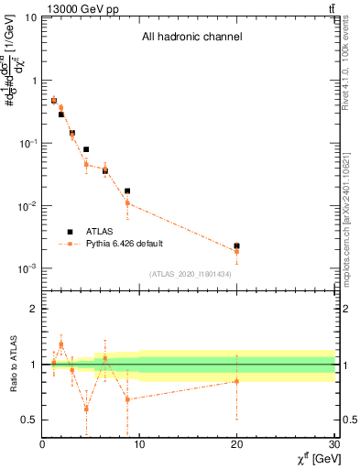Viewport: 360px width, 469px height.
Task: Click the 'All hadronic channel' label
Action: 191,38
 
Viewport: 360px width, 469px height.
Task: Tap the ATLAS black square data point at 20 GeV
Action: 236,246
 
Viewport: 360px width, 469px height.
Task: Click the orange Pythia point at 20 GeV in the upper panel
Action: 236,251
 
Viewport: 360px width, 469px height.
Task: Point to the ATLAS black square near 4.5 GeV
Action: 86,149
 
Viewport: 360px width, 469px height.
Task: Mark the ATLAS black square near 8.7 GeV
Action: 127,191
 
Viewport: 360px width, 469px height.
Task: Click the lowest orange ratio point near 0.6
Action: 86,409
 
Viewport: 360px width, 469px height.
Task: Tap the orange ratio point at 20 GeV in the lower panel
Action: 236,381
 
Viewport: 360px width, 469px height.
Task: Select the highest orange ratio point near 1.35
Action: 61,344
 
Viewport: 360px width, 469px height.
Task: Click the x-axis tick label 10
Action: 139,445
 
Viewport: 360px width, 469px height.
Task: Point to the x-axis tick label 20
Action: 236,445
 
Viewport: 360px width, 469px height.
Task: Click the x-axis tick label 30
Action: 333,445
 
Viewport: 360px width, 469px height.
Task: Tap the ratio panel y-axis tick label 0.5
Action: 31,420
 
